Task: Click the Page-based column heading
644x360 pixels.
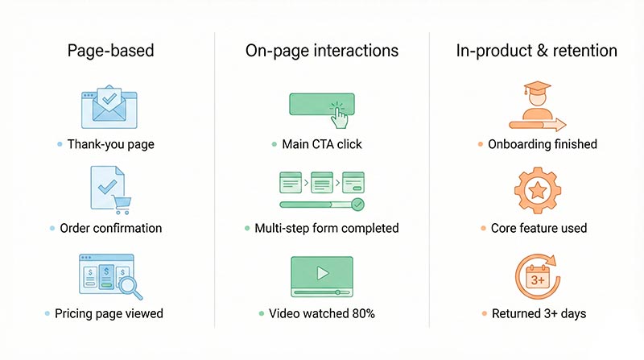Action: [x=111, y=51]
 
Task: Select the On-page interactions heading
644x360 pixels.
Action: [x=322, y=51]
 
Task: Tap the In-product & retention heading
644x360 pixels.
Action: [x=537, y=51]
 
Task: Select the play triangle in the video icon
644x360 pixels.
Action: [x=322, y=272]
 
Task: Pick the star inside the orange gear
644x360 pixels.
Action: [x=537, y=191]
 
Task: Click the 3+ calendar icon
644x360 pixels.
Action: [x=537, y=279]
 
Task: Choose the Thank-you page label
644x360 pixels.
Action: [x=111, y=144]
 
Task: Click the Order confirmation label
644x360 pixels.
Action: [x=111, y=228]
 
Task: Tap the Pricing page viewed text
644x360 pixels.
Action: [x=111, y=312]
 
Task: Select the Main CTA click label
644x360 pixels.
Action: [x=322, y=144]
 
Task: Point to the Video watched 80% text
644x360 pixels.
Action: [x=322, y=312]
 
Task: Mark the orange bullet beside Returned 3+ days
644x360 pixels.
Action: [x=481, y=312]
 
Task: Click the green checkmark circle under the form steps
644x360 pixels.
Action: [x=357, y=205]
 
